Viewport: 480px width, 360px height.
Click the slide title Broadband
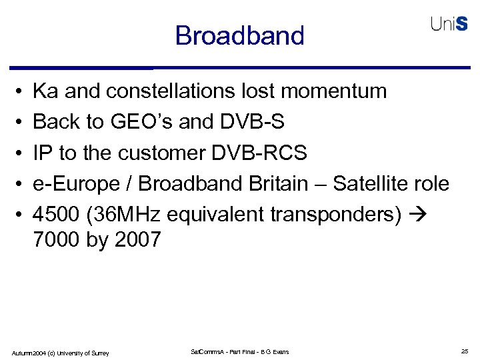[x=239, y=35]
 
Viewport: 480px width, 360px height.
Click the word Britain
[x=293, y=184]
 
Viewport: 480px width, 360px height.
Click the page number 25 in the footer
[x=464, y=351]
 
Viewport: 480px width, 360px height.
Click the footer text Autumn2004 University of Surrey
[x=61, y=352]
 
